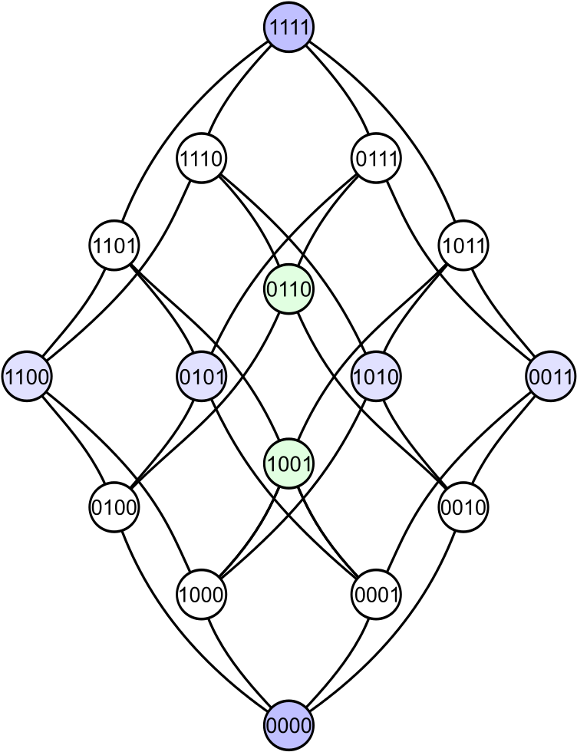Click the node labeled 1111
pos(288,28)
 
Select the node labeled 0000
pos(288,724)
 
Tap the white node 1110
pos(201,159)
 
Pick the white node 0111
pos(376,159)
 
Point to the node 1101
pos(114,246)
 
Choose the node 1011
pos(463,246)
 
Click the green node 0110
pos(288,289)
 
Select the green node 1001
pos(288,463)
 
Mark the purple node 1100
pos(27,377)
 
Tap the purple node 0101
pos(201,377)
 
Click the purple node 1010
pos(376,377)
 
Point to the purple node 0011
pos(551,377)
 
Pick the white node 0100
pos(114,507)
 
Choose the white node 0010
pos(463,507)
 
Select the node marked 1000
pos(201,594)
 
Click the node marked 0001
pos(376,594)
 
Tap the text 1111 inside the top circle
pos(288,28)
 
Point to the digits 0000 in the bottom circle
pos(288,724)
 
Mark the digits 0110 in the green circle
pos(288,289)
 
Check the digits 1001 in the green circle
pos(288,463)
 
